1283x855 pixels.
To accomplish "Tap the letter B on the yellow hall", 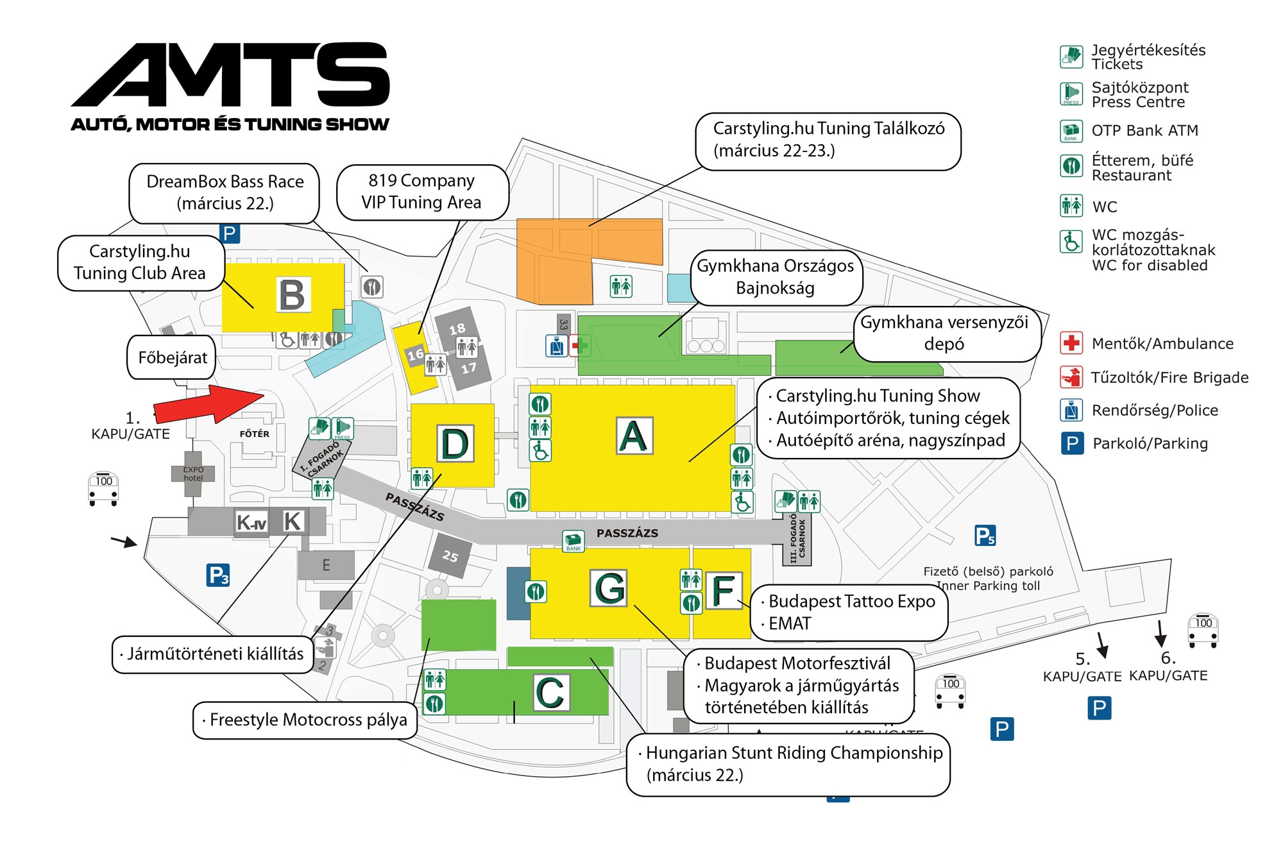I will [x=293, y=295].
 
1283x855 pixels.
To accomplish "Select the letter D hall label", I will [x=455, y=443].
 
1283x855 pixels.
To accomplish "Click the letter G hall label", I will [x=609, y=588].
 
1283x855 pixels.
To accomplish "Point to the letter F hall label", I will [x=724, y=590].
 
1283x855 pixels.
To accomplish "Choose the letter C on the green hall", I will [x=551, y=693].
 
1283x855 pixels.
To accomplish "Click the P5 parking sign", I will [x=985, y=536].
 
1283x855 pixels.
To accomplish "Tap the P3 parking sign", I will [x=218, y=575].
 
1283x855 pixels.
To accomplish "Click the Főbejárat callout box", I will [x=172, y=357].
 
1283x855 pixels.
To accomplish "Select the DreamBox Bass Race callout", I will [x=225, y=192].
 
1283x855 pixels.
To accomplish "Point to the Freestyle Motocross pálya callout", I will [x=305, y=720].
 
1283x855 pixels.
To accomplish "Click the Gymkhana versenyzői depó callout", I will [x=944, y=334].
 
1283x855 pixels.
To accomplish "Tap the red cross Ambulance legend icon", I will [x=1071, y=343].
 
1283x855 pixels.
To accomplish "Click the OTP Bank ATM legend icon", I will [x=1071, y=131].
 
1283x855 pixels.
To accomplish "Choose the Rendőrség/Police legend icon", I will [x=1071, y=410].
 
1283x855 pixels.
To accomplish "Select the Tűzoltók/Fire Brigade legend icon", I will [x=1071, y=377].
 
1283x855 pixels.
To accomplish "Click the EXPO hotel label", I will [x=193, y=474].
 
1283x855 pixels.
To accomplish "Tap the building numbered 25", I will [x=450, y=555].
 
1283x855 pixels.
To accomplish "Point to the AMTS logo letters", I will [x=231, y=75].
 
